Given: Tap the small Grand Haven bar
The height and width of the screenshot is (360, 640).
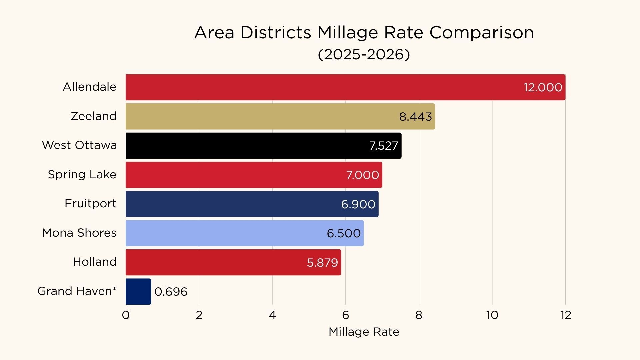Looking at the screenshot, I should coord(138,291).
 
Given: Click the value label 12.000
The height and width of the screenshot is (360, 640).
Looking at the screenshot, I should coord(543,87).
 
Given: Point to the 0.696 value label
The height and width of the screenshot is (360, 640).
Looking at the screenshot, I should coord(171,292).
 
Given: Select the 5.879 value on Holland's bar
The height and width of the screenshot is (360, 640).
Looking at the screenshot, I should coord(322,263).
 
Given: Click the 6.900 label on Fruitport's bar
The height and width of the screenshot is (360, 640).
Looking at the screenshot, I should coord(358,204).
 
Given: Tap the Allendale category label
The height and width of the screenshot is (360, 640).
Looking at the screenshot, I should coord(90,87).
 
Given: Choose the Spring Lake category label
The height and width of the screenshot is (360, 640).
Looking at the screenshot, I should coord(82,174).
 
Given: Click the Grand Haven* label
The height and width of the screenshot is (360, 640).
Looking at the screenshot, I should coord(77,291).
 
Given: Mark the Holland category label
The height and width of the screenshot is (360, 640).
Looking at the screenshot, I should coord(95,262).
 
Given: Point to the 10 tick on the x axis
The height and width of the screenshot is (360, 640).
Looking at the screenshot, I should coord(492,315).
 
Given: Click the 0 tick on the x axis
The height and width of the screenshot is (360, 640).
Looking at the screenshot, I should coord(126,315).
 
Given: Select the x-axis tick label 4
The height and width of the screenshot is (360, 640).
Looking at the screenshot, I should coord(272,315).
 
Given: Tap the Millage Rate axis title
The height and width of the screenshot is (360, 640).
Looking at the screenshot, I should coord(364,332).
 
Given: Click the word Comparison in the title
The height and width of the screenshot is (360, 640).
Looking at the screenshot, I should coord(481,33).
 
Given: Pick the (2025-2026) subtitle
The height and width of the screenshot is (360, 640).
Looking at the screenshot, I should coord(364,54).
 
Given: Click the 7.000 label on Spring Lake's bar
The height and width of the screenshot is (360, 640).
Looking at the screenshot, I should coord(362,175).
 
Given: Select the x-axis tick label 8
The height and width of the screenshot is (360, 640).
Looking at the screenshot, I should coord(419,315).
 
